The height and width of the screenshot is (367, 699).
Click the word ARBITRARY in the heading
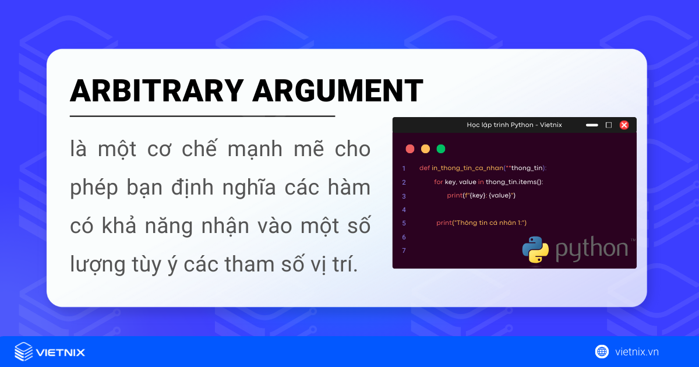click(155, 90)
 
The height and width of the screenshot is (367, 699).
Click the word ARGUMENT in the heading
click(337, 90)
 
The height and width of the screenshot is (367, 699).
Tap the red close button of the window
click(624, 125)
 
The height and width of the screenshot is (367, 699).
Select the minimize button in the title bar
click(592, 125)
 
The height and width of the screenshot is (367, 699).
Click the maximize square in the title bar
click(609, 125)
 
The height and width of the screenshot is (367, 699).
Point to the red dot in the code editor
click(410, 149)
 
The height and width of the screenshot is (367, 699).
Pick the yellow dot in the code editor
click(425, 149)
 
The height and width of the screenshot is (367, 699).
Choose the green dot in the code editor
click(441, 149)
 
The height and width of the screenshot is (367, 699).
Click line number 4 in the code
click(404, 209)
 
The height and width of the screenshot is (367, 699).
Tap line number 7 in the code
click(404, 250)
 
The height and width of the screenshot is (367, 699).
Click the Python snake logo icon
click(535, 249)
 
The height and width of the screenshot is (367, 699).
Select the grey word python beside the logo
click(591, 249)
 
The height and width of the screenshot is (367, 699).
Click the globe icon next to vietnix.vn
click(602, 351)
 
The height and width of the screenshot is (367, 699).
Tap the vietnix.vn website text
click(637, 352)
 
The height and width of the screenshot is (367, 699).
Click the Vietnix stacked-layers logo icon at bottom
click(23, 351)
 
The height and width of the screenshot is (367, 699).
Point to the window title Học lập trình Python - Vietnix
click(514, 125)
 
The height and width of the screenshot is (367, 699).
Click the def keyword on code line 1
click(424, 168)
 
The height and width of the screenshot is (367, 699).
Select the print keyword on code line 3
click(454, 195)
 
